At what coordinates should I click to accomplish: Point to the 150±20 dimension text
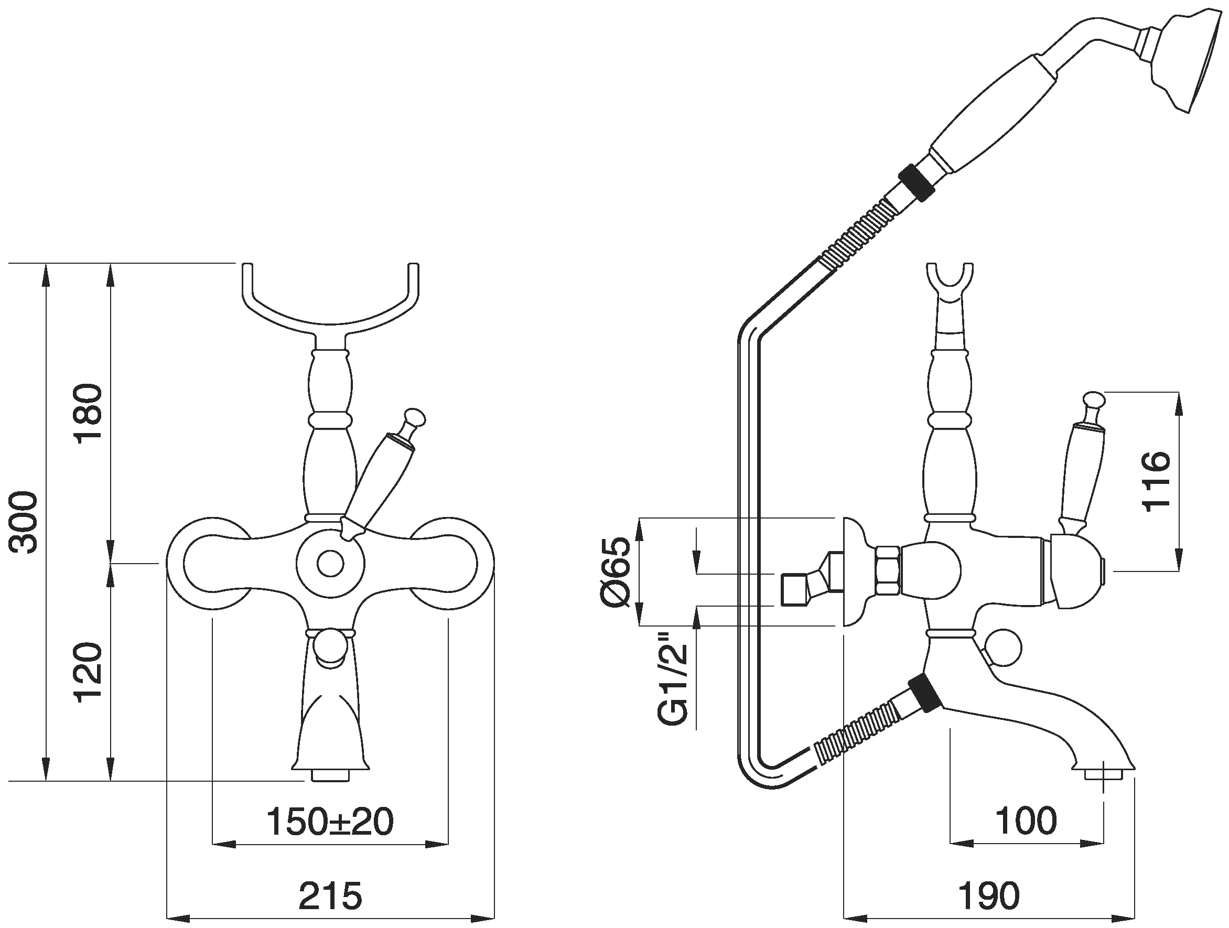330,822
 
